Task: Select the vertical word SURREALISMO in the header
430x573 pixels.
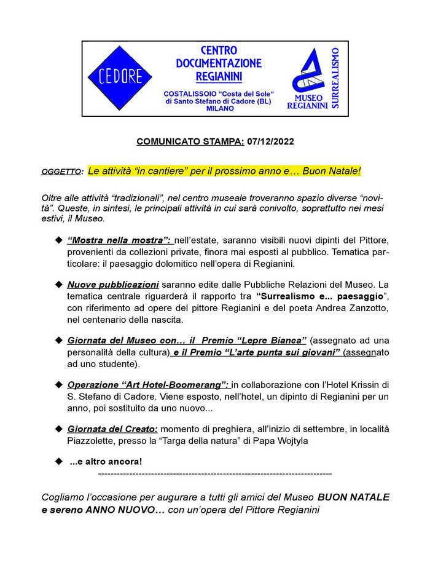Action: [335, 79]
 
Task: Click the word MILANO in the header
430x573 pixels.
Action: [221, 108]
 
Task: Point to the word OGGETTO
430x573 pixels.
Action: [61, 172]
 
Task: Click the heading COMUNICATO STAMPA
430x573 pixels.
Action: [190, 141]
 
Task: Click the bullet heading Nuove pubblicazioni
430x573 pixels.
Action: [113, 285]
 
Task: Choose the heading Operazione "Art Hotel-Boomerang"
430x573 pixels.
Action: [148, 385]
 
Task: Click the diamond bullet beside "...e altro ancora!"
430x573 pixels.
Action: [59, 461]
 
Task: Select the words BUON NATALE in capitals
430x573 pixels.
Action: [353, 497]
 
